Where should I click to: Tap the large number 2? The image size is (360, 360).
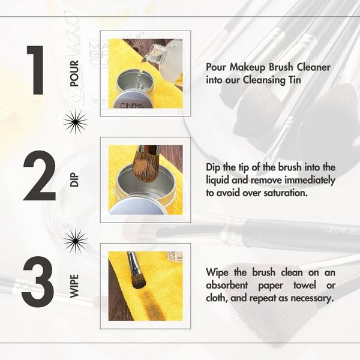[40, 176]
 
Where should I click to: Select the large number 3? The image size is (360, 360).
[38, 281]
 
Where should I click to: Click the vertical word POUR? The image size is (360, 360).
[74, 73]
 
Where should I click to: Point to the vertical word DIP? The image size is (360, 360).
[74, 180]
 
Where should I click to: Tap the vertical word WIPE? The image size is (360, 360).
[74, 286]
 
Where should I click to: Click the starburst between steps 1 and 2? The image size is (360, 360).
[76, 122]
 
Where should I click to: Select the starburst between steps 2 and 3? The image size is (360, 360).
[76, 241]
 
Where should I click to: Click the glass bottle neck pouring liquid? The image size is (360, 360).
[157, 53]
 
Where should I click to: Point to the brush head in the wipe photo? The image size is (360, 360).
[139, 281]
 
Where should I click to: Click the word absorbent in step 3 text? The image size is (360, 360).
[227, 286]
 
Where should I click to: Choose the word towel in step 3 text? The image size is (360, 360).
[305, 286]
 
